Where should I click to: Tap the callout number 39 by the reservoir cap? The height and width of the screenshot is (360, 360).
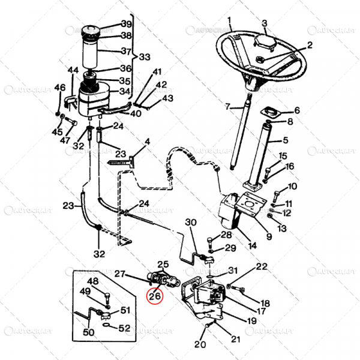127,24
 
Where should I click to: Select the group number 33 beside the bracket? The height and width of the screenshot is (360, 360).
145,57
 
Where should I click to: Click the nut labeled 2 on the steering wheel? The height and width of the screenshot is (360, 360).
262,59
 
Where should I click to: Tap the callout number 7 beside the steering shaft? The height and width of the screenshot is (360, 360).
227,107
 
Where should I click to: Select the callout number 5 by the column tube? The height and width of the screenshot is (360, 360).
285,142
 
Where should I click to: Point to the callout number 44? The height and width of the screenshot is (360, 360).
73,70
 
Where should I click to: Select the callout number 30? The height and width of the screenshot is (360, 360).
191,223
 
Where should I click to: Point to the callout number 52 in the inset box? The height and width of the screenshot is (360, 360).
124,328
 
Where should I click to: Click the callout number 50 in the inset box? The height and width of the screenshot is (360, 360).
88,332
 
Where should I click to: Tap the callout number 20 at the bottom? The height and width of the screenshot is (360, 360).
199,344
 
